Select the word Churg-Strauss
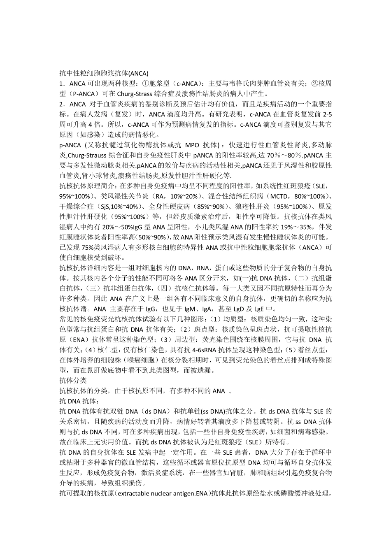[87, 155]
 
